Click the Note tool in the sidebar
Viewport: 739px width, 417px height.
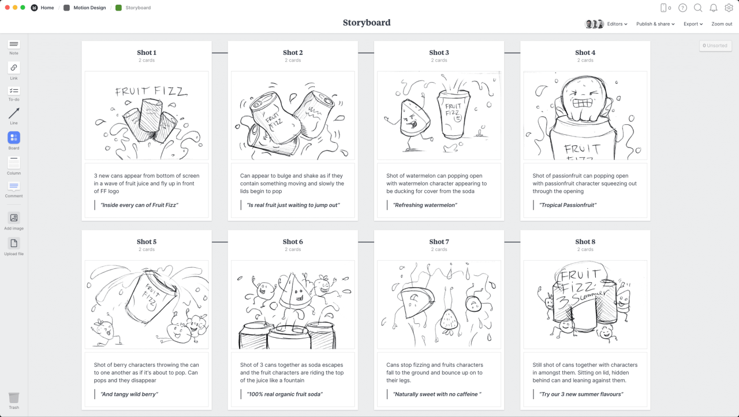coord(14,45)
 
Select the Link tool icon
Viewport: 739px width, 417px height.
coord(14,68)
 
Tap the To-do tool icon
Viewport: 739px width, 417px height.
coord(14,91)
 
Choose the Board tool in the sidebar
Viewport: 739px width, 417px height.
coord(14,138)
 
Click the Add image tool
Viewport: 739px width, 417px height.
coord(14,218)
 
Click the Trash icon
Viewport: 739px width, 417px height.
coord(14,398)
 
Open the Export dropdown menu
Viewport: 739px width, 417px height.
coord(693,24)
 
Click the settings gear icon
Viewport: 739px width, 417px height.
coord(729,8)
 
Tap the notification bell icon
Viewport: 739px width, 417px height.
coord(714,8)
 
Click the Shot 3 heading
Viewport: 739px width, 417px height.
coord(439,53)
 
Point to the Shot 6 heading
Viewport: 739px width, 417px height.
coord(293,242)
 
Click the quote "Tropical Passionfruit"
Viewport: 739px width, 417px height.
coord(568,205)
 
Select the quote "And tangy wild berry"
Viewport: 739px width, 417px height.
coord(129,394)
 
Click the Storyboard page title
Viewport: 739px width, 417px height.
coord(367,23)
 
